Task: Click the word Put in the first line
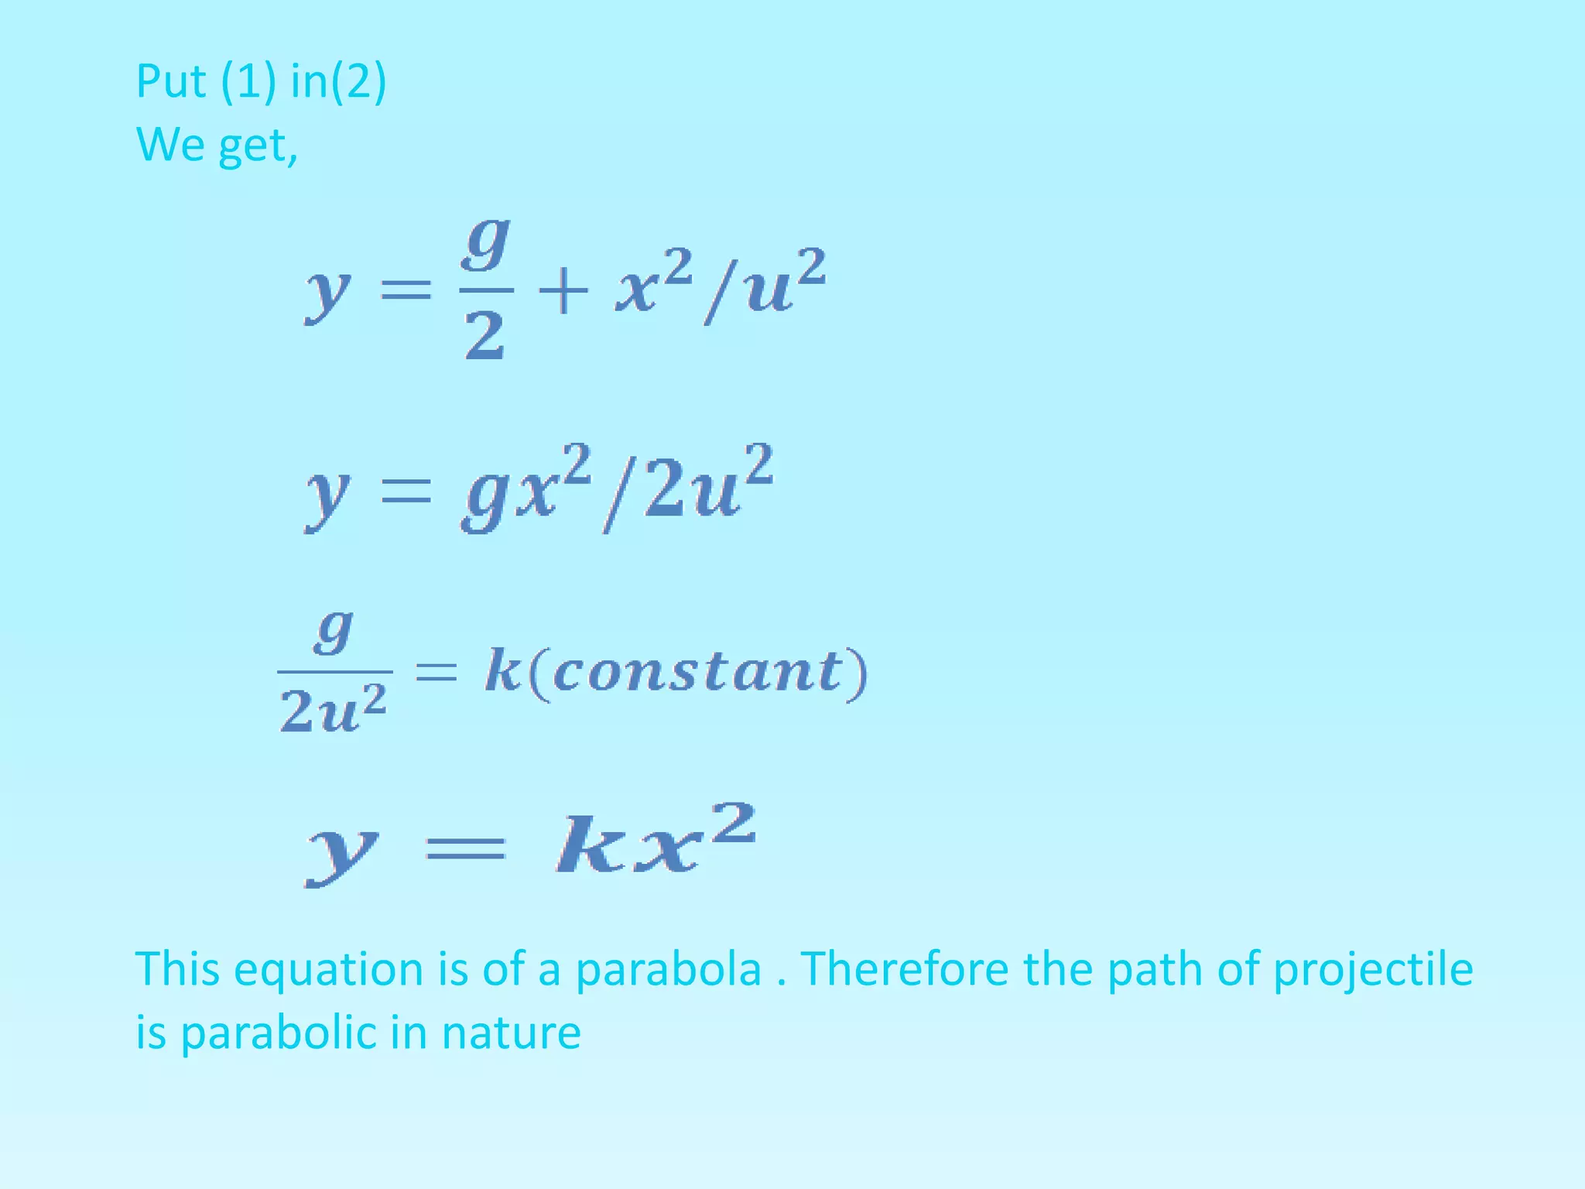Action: tap(171, 81)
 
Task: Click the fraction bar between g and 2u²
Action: tap(334, 671)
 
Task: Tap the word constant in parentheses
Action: tap(697, 671)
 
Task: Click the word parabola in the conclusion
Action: tap(669, 969)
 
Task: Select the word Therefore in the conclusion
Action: tap(904, 969)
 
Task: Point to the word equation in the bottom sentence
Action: tap(329, 971)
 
